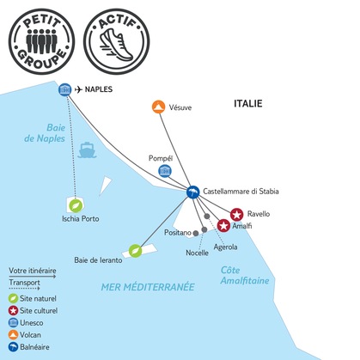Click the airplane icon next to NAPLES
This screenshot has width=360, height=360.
point(78,89)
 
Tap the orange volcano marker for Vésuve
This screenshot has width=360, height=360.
point(158,107)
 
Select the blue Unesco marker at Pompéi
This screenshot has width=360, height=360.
point(165,171)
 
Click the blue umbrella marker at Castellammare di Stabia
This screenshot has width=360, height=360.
point(192,192)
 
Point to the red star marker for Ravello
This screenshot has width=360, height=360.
point(236,215)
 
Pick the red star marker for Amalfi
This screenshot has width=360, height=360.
point(223,226)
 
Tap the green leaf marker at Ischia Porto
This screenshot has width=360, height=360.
point(76,205)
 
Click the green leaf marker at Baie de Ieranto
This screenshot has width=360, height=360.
point(135,251)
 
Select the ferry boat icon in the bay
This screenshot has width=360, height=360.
point(87,149)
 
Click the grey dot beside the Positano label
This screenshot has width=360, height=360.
point(196,234)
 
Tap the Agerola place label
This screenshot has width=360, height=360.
point(225,247)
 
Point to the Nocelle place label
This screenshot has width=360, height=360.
point(197,253)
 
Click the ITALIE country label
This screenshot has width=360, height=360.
point(248,103)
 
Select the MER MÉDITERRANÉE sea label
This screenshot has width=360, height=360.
point(148,287)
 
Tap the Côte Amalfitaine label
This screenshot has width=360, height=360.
point(245,275)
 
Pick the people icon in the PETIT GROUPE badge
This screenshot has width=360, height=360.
point(41,41)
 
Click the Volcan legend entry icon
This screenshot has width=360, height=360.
point(13,335)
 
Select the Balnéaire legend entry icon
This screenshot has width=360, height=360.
point(13,347)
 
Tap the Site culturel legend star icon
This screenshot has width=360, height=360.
point(13,310)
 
